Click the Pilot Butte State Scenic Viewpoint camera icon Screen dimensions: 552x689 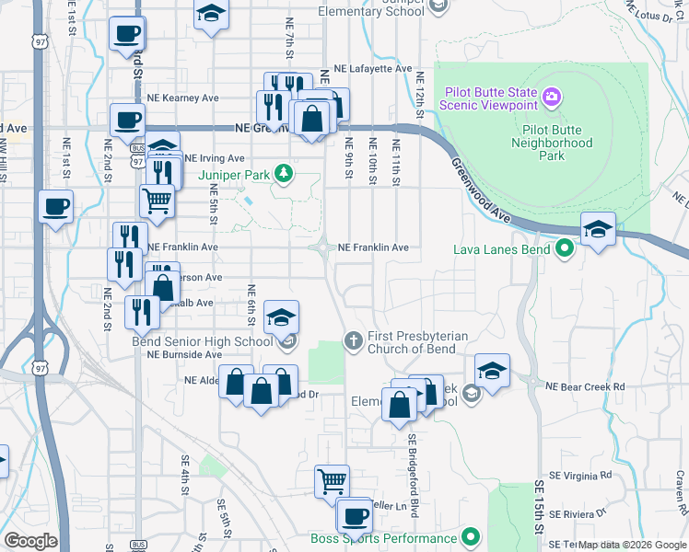point(552,95)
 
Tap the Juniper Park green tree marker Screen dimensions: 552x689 point(286,172)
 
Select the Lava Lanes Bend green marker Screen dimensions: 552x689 point(564,248)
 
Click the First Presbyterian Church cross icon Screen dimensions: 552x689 point(352,341)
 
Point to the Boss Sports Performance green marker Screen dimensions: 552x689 point(472,537)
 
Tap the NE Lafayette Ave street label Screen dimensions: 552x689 point(372,69)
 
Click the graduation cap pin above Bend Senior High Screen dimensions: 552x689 point(281,318)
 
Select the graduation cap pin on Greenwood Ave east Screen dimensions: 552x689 point(597,230)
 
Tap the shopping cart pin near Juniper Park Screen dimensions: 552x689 point(158,200)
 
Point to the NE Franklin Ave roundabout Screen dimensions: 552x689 point(323,247)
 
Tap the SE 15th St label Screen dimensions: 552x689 point(539,506)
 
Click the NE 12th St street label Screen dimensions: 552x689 point(419,87)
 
